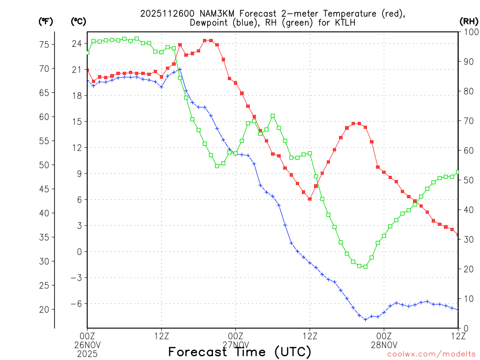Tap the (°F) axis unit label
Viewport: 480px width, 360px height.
(x=46, y=21)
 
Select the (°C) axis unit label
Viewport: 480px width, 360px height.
(x=78, y=21)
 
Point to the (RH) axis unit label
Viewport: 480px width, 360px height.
(x=468, y=21)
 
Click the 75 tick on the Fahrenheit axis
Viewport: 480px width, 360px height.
(x=45, y=45)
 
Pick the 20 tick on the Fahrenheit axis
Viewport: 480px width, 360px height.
(x=45, y=309)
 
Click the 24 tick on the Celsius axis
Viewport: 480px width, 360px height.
(x=76, y=44)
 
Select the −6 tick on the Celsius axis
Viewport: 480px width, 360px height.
(x=75, y=303)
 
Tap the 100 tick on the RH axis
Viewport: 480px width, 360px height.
(x=469, y=32)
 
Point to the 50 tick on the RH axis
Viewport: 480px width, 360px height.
(x=467, y=180)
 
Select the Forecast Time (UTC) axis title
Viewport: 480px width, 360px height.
(x=240, y=352)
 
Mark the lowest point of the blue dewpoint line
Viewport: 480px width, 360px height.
(x=366, y=319)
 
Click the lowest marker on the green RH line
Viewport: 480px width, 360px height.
(x=366, y=266)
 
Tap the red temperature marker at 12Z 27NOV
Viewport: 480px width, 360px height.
(x=310, y=199)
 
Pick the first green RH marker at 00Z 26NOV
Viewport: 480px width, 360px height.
(x=87, y=52)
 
